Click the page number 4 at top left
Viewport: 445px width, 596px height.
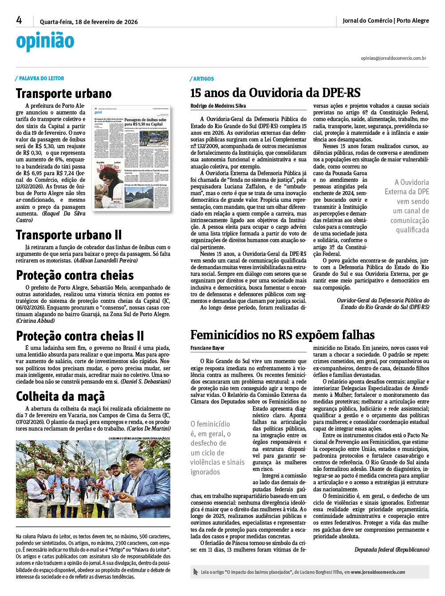click(x=19, y=20)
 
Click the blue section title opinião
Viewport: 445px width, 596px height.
click(x=45, y=41)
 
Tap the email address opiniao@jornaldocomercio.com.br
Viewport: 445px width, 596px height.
click(x=393, y=58)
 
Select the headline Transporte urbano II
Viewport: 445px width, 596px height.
click(x=69, y=235)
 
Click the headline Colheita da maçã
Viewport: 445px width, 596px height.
click(x=60, y=396)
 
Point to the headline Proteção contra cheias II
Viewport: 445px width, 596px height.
click(x=80, y=336)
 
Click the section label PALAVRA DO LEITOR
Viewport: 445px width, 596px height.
click(x=41, y=78)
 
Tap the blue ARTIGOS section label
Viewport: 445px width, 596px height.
click(x=203, y=79)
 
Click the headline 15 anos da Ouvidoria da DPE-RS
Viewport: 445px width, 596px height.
click(x=275, y=93)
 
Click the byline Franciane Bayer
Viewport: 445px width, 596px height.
click(x=207, y=348)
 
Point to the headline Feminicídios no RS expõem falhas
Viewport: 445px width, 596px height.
click(x=282, y=335)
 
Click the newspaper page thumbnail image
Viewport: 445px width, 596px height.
click(x=131, y=158)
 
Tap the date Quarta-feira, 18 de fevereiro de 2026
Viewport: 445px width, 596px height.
click(x=89, y=22)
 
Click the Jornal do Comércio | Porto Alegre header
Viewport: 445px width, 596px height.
click(x=386, y=20)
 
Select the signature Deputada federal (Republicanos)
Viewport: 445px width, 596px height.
click(x=392, y=549)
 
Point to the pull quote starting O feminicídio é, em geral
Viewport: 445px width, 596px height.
click(x=217, y=448)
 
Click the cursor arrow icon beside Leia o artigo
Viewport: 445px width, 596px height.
click(x=196, y=572)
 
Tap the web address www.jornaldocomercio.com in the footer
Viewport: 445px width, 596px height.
click(x=378, y=572)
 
